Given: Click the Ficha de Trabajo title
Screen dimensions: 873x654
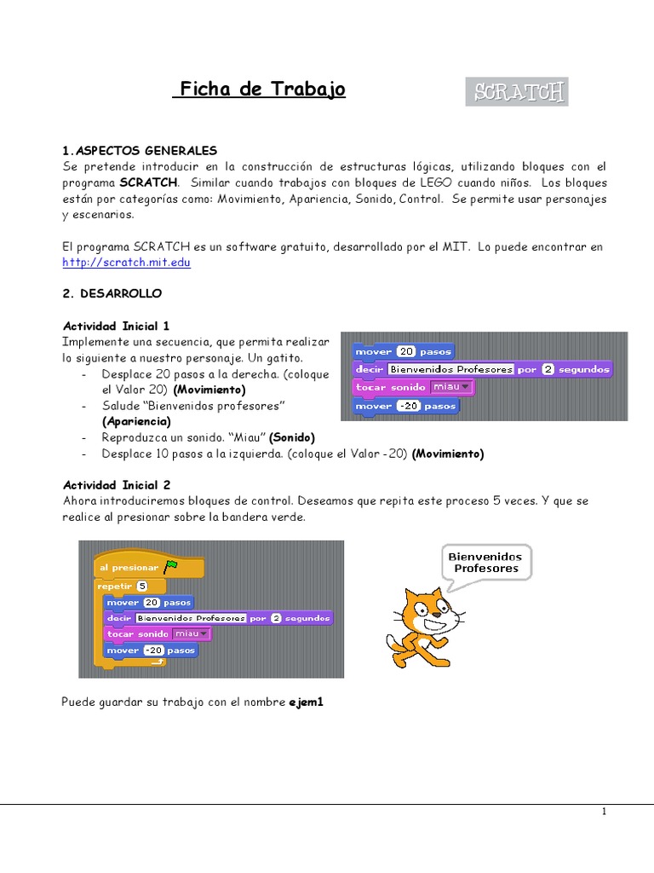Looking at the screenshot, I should point(260,90).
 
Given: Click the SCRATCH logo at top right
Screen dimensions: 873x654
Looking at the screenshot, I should point(517,92).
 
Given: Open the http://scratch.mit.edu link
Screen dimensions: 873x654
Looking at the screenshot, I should point(127,263).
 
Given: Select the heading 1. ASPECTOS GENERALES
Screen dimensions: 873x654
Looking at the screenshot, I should point(141,150).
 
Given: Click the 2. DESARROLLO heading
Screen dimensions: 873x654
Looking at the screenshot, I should point(112,293).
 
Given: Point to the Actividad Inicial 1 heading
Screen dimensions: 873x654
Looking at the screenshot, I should point(117,326).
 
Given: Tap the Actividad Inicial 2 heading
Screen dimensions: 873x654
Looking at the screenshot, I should point(117,484).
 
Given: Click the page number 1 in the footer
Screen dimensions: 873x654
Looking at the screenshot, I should point(603,812).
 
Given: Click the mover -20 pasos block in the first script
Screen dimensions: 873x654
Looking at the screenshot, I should point(405,406).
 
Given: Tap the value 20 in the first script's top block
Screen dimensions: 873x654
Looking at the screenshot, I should point(406,351).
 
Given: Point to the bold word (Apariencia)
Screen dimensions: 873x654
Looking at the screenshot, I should point(136,421).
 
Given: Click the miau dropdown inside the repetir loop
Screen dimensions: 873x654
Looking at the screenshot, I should point(190,633).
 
